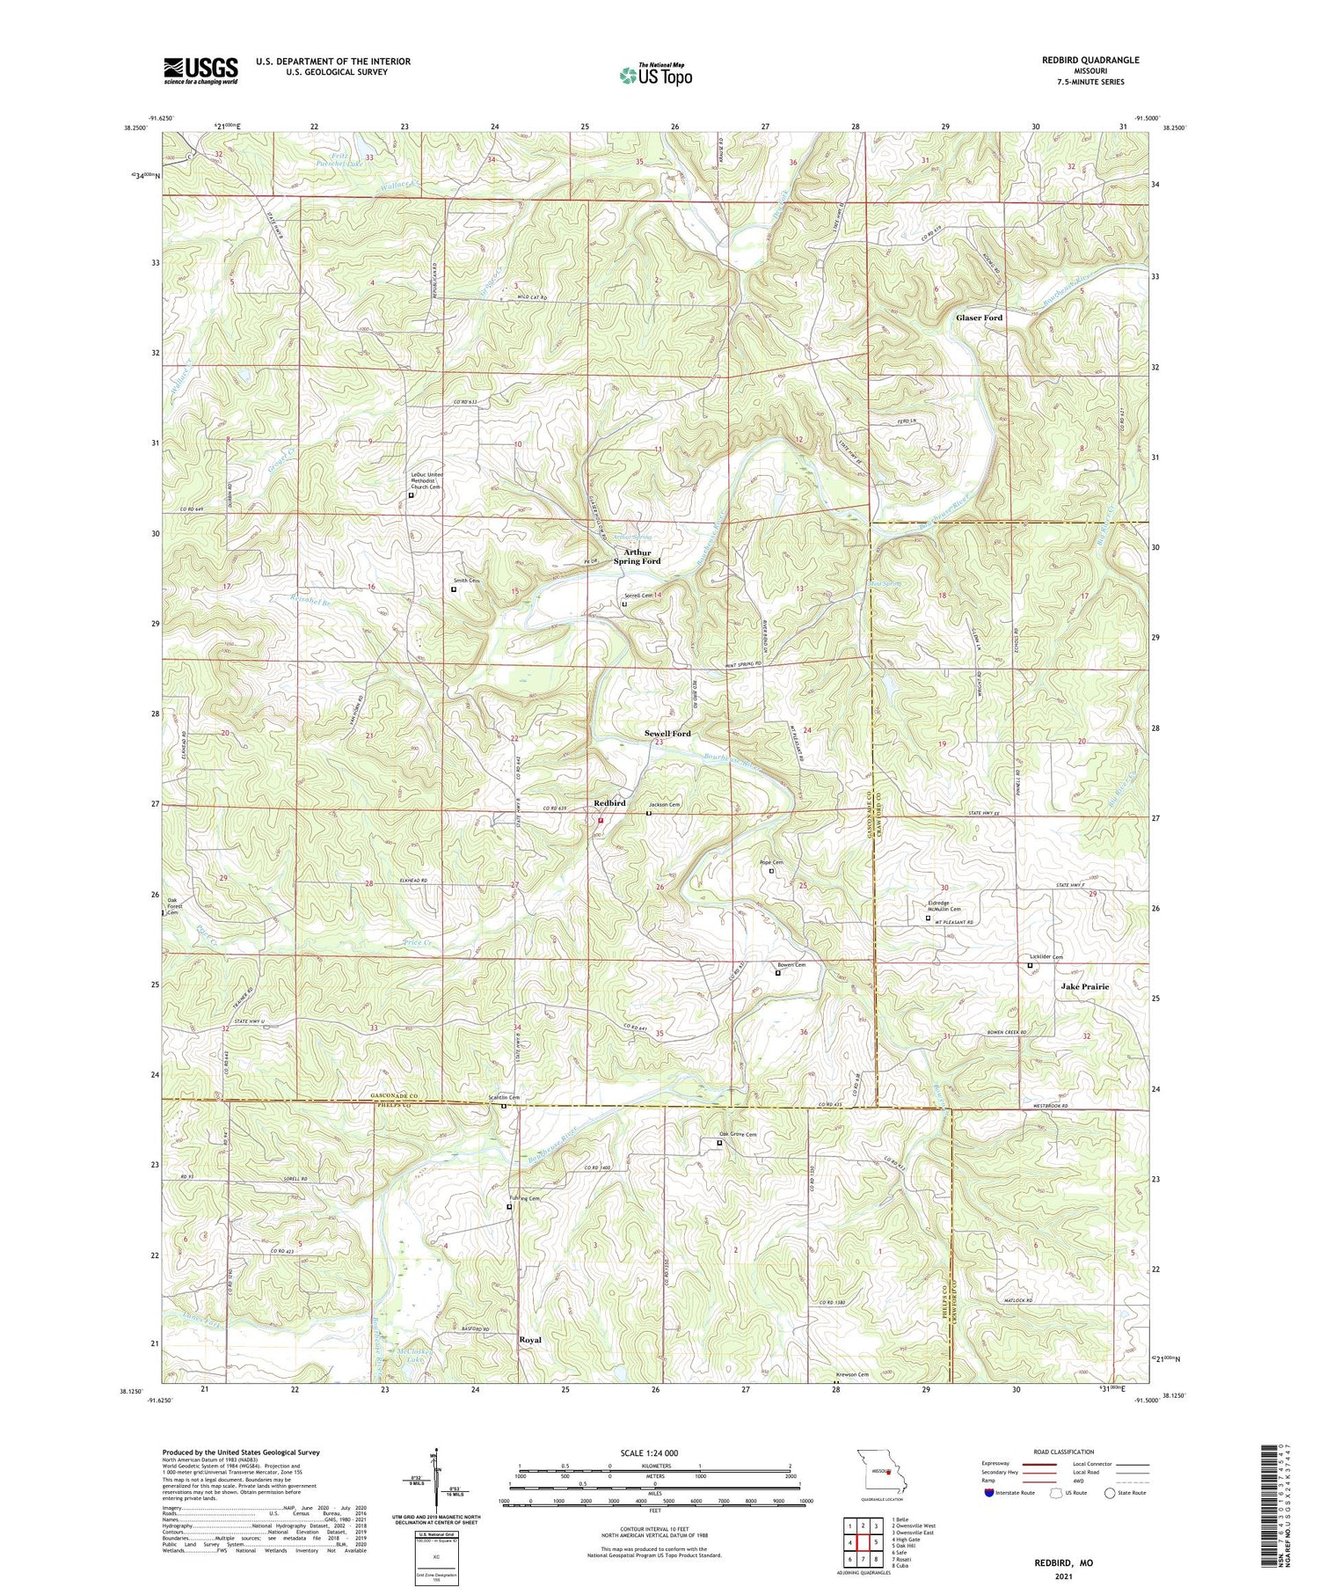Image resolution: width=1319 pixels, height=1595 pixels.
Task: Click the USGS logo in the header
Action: click(200, 70)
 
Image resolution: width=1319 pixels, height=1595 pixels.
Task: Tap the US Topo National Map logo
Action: click(655, 75)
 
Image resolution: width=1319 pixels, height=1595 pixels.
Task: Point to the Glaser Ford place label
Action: click(979, 318)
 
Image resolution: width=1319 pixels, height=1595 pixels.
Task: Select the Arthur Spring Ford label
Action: click(638, 556)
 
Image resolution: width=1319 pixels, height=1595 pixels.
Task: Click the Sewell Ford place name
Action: click(667, 733)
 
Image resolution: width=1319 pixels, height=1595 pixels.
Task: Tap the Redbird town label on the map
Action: click(609, 803)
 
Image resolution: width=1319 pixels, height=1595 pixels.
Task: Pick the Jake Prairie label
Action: click(1084, 986)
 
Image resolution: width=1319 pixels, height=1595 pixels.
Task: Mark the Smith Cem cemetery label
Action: click(466, 581)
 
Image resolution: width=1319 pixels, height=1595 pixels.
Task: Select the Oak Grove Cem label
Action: click(737, 1135)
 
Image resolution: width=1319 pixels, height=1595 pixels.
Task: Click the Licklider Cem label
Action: click(1046, 957)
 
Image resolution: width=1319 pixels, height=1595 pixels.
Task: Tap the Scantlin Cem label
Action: click(504, 1097)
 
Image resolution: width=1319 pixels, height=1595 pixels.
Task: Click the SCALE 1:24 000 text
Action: click(654, 1452)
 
